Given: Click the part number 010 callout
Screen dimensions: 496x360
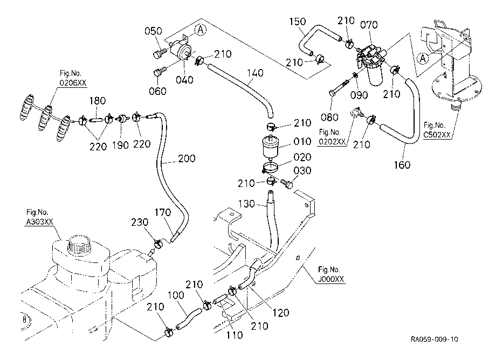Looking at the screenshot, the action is (x=302, y=141).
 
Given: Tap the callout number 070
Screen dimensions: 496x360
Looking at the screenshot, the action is (x=369, y=25).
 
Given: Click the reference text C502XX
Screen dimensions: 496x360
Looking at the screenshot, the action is (x=437, y=135).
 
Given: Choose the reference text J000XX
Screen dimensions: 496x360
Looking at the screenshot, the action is (x=331, y=279).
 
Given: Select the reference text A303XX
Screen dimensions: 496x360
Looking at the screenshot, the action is (x=39, y=222).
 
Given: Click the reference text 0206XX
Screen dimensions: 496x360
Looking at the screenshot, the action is (x=73, y=83).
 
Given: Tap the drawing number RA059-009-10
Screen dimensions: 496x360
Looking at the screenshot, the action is (x=435, y=340).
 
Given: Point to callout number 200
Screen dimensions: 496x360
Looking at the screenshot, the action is (x=187, y=158).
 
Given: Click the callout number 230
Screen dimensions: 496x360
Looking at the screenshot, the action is (x=140, y=222).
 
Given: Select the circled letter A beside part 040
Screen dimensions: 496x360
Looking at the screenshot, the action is (x=200, y=30).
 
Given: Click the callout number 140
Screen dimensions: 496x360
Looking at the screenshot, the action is (x=255, y=73).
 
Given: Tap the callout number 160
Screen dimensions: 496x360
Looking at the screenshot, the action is (x=402, y=165).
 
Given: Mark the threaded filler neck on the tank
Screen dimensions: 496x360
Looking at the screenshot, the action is (x=79, y=245).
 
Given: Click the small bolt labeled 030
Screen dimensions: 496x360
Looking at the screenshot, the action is (x=287, y=184).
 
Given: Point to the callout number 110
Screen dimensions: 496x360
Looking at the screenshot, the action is (x=234, y=335).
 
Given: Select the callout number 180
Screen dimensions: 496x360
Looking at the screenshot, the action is (x=97, y=101).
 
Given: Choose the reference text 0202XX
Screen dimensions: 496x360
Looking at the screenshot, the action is (x=332, y=142).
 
